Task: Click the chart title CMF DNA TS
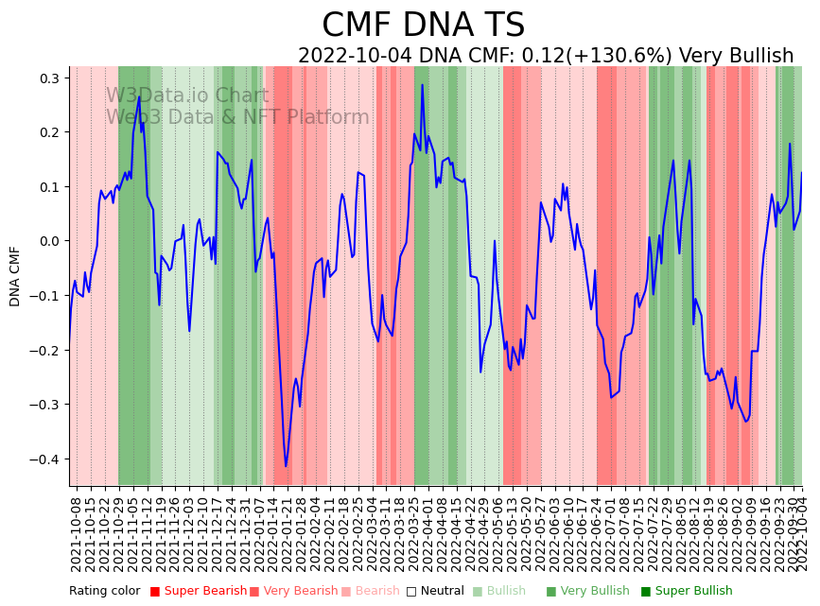coord(423,26)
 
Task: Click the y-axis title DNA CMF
coord(15,276)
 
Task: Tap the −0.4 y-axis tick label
coord(43,459)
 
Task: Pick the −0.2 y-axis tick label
coord(43,350)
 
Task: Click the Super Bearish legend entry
coord(193,591)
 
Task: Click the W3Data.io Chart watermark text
coord(187,95)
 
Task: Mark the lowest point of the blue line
coord(286,466)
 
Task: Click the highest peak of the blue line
coord(423,85)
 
